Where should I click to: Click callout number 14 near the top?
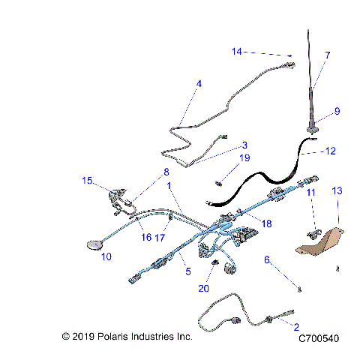[237, 52]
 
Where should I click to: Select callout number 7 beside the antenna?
[327, 55]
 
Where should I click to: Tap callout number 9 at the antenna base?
[337, 111]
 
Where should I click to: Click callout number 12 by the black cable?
[331, 151]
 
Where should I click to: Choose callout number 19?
[244, 157]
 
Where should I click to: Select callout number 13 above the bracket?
[337, 192]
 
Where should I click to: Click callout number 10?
[106, 256]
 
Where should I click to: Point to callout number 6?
[266, 259]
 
